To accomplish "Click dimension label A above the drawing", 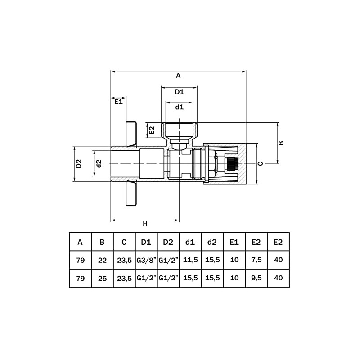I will pyautogui.click(x=178, y=76).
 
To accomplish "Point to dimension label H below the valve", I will pyautogui.click(x=145, y=224).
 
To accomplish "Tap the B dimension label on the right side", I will pyautogui.click(x=281, y=143).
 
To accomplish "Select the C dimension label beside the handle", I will pyautogui.click(x=260, y=164).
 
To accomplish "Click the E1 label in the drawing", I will pyautogui.click(x=118, y=102).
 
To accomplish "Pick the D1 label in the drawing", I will pyautogui.click(x=179, y=92).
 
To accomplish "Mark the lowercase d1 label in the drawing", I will pyautogui.click(x=179, y=107).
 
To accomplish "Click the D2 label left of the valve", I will pyautogui.click(x=79, y=164).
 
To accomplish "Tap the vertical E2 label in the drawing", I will pyautogui.click(x=152, y=130).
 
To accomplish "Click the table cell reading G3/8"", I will pyautogui.click(x=146, y=260).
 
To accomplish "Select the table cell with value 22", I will pyautogui.click(x=102, y=260).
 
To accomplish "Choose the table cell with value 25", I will pyautogui.click(x=102, y=278).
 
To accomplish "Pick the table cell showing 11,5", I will pyautogui.click(x=190, y=260).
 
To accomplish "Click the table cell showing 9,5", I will pyautogui.click(x=256, y=278).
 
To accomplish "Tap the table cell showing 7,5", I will pyautogui.click(x=256, y=260).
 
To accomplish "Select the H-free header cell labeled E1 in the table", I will pyautogui.click(x=234, y=242).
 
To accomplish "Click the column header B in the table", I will pyautogui.click(x=102, y=242).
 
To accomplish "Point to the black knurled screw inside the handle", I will pyautogui.click(x=232, y=164).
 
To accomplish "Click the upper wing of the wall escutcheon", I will pyautogui.click(x=131, y=134).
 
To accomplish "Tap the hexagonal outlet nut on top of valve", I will pyautogui.click(x=179, y=130).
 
